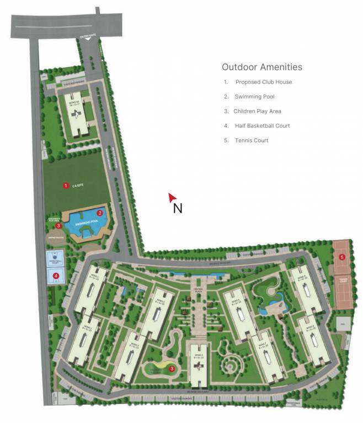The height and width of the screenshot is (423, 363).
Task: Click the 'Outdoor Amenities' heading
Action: click(x=262, y=67)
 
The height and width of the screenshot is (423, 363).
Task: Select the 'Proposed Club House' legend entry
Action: click(x=263, y=82)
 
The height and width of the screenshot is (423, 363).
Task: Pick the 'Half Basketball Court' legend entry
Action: click(x=262, y=126)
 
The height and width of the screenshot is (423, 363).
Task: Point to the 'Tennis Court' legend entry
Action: click(x=251, y=140)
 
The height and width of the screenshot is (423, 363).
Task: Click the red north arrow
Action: click(x=173, y=197)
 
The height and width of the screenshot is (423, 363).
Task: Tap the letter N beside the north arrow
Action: click(x=178, y=208)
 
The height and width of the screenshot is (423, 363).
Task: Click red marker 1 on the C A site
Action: click(x=66, y=186)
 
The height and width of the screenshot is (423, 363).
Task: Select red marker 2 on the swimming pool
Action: click(x=100, y=213)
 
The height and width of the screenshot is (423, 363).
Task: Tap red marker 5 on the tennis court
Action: click(x=342, y=257)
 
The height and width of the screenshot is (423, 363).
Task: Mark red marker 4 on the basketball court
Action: click(x=56, y=275)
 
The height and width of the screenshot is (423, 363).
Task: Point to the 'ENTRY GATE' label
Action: click(x=88, y=36)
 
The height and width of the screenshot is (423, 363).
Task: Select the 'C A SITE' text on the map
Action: click(x=78, y=186)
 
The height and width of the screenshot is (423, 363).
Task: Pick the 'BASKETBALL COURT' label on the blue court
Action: click(x=55, y=262)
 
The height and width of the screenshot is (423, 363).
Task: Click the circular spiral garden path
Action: click(x=228, y=364)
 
